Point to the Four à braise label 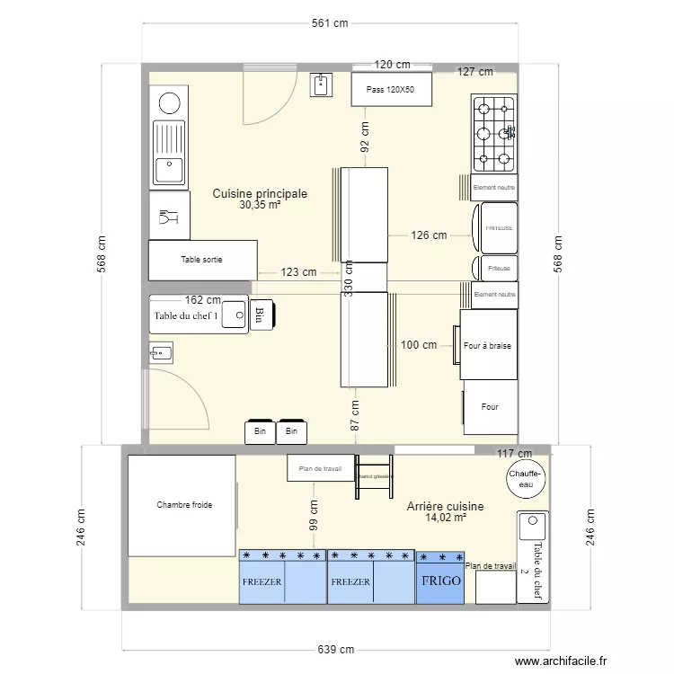point(489,345)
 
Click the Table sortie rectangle point(202,260)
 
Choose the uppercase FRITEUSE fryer point(499,228)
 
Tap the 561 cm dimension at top point(330,23)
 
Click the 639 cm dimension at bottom point(331,650)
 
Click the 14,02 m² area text point(445,518)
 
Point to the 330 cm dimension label point(348,278)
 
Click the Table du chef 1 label point(186,315)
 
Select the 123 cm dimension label point(298,272)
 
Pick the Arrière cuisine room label point(445,506)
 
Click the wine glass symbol point(168,217)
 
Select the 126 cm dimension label point(429,235)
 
